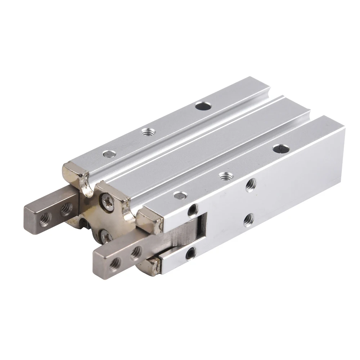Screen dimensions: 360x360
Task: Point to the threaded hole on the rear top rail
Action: point(146,132)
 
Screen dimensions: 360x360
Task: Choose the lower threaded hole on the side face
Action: point(248,219)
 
